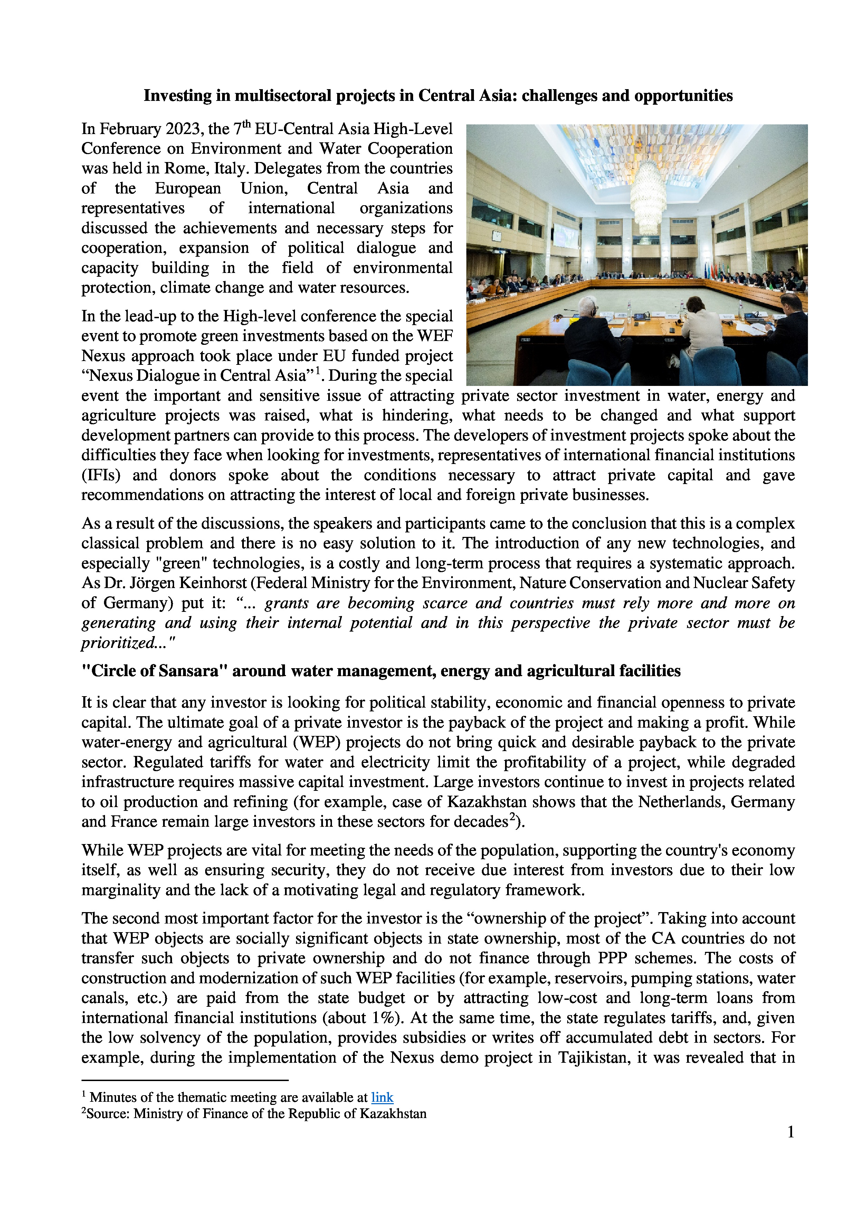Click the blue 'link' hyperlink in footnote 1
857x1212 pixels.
382,1097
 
